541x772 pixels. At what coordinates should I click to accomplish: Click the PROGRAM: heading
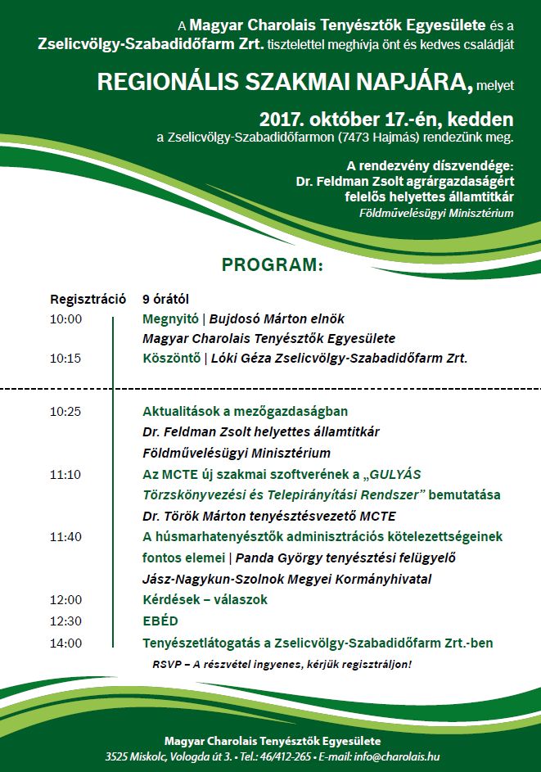tap(273, 265)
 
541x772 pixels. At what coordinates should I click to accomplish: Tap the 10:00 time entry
tap(65, 318)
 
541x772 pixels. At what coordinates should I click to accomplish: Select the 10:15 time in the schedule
tap(65, 358)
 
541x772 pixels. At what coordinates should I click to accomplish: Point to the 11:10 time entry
tap(65, 473)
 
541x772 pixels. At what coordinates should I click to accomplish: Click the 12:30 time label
tap(65, 621)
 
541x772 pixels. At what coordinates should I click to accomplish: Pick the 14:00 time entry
tap(65, 643)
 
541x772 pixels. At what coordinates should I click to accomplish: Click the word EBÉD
tap(160, 621)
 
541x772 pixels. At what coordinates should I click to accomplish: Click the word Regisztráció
tap(88, 299)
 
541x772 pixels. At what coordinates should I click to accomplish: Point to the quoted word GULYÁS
tap(393, 473)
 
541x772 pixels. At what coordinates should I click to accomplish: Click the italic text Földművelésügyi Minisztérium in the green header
tap(436, 214)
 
